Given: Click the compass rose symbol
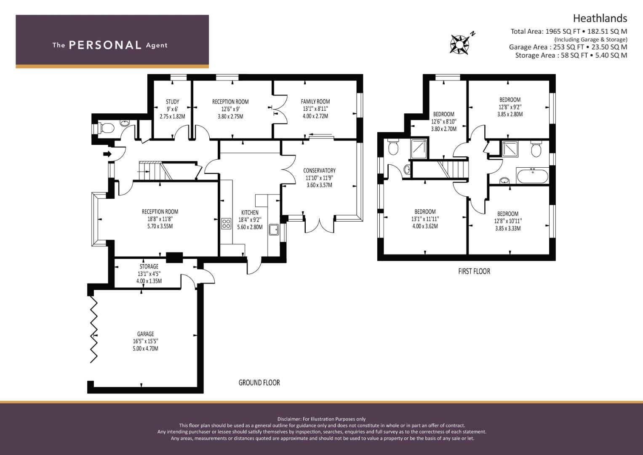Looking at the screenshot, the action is (x=459, y=44).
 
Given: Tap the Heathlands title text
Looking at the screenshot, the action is (x=600, y=19).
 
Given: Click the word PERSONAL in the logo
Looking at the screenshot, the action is (x=105, y=45).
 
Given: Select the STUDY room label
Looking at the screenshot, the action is (x=173, y=102).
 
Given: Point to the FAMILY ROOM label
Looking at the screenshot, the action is (x=315, y=102).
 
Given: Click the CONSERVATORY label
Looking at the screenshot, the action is (x=319, y=170).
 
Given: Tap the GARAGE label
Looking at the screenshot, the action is (x=146, y=334).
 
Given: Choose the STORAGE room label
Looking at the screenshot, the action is (x=149, y=266).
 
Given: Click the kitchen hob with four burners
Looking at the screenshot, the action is (x=226, y=223).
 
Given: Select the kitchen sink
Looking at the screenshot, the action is (x=274, y=230).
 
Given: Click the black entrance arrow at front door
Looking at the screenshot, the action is (x=107, y=154).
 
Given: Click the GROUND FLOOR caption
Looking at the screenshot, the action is (x=259, y=383).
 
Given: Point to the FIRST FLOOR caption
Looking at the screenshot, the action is (x=474, y=271).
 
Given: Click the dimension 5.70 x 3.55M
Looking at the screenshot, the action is (x=160, y=226).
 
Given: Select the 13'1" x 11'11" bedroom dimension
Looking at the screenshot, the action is (x=425, y=219).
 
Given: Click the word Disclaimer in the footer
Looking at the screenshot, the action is (x=289, y=419).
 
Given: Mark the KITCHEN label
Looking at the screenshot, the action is (x=250, y=213).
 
